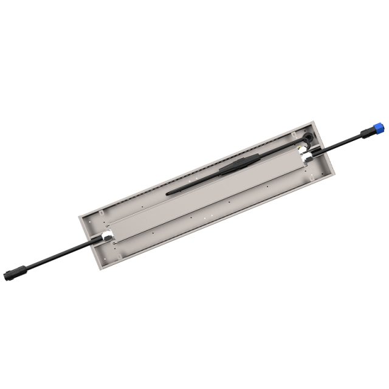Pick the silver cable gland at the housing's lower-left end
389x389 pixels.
point(103,236)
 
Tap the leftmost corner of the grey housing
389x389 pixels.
point(78,215)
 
